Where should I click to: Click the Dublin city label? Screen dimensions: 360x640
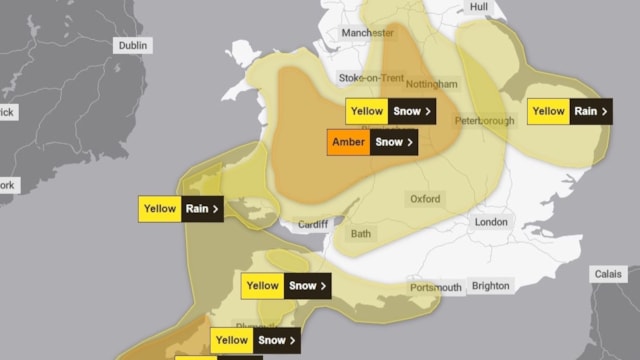(x=132, y=46)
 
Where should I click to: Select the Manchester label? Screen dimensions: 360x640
(x=368, y=33)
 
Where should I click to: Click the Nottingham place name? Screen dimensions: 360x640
(x=432, y=84)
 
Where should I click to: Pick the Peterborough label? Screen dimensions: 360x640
(x=484, y=120)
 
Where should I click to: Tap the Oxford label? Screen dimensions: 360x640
(x=425, y=199)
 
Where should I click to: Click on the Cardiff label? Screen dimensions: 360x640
(x=313, y=223)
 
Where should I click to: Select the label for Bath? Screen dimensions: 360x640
(x=360, y=234)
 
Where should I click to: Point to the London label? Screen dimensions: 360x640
(x=491, y=222)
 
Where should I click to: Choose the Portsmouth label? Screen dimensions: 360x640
(x=436, y=288)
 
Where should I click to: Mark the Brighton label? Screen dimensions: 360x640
(x=490, y=286)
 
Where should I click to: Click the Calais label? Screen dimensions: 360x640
(x=607, y=273)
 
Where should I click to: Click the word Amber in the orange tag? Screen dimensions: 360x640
(x=348, y=142)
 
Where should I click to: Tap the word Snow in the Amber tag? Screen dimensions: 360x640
(x=389, y=142)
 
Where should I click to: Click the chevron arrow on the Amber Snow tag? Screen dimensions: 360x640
(x=410, y=142)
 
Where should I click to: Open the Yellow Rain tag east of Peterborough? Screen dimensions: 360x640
(x=570, y=111)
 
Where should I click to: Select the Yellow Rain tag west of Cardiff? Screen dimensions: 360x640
(x=180, y=209)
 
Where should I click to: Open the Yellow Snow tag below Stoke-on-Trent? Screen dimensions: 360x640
(x=389, y=111)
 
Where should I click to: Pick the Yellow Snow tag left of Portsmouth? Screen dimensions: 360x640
(x=286, y=286)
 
